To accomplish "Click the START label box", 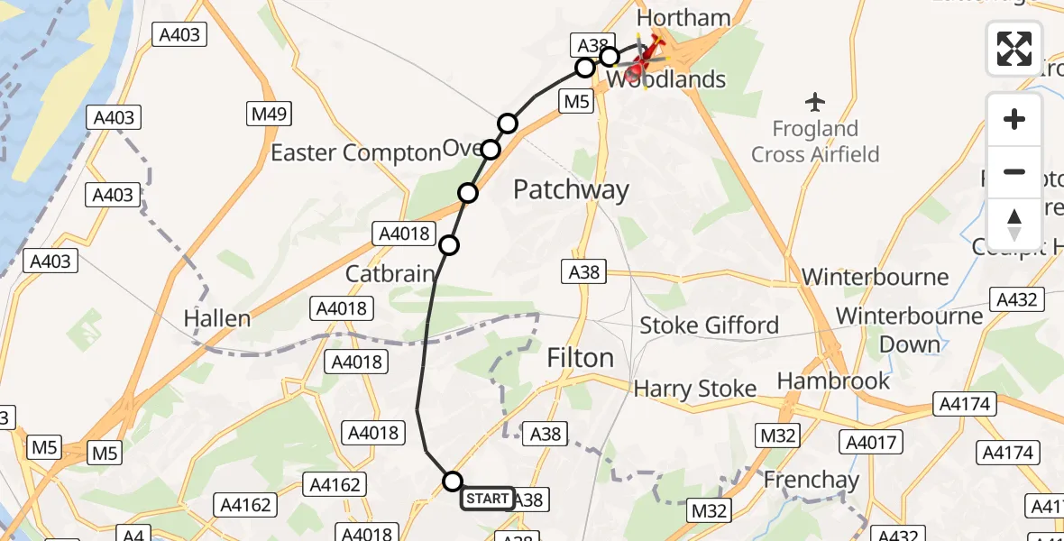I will pos(488,499).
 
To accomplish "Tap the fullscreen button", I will pos(1014,48).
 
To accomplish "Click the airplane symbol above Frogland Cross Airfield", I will pos(816,100).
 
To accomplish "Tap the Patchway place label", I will pos(571,189).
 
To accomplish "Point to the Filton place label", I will pos(580,358).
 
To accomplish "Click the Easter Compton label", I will pos(354,153).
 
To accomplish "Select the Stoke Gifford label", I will pos(709,325).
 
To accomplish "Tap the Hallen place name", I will pos(216,318).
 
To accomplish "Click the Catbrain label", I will pos(390,273).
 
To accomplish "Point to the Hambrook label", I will pos(833,381).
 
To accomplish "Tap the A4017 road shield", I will pos(870,442).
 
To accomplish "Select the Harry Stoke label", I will pos(694,389).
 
